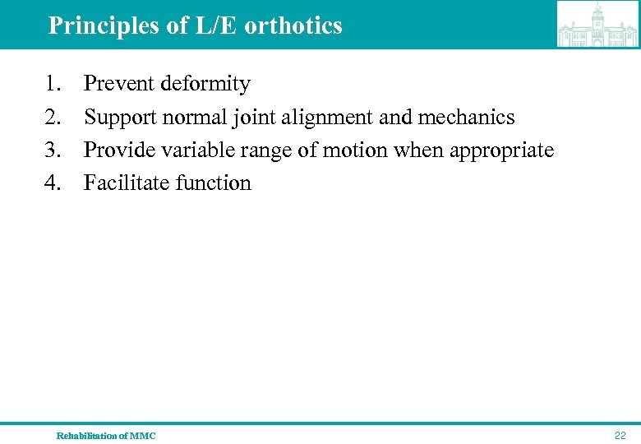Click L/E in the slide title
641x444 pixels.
(214, 25)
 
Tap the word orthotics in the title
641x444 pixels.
(293, 25)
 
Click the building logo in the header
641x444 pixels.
(597, 25)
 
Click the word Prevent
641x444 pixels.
(120, 84)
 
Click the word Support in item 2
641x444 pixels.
(120, 118)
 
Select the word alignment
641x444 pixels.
(327, 118)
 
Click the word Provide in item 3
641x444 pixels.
(119, 150)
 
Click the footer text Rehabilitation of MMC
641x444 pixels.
(105, 436)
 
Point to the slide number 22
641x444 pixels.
(620, 436)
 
